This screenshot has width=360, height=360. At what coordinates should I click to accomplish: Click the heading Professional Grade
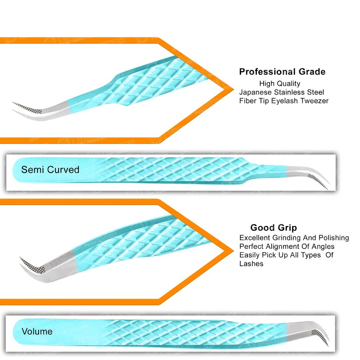[x=282, y=72]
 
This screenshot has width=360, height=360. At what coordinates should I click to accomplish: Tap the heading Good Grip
[x=273, y=228]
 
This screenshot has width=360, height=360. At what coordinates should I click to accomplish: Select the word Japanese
[x=255, y=92]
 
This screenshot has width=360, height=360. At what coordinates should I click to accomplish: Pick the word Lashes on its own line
[x=251, y=264]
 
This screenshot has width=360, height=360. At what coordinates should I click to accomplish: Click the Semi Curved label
[x=50, y=169]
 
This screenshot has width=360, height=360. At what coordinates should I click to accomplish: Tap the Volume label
[x=37, y=331]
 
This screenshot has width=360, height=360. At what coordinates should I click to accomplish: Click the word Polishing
[x=334, y=238]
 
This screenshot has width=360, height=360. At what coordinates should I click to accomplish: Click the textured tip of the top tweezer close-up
[x=26, y=107]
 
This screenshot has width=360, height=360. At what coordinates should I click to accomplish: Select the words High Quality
[x=279, y=84]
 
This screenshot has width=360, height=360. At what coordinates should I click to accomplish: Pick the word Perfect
[x=250, y=247]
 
